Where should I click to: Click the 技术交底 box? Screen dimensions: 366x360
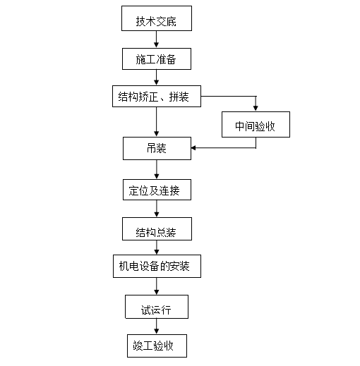click(155, 21)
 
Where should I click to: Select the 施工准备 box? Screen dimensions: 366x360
click(155, 59)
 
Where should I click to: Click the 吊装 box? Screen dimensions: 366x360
click(156, 148)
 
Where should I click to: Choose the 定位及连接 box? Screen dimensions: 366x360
click(156, 190)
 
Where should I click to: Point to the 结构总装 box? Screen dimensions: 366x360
click(156, 229)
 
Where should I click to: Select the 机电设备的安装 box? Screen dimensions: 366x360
click(156, 267)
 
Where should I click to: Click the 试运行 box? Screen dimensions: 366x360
click(156, 308)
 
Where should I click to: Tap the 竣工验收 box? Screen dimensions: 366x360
click(155, 346)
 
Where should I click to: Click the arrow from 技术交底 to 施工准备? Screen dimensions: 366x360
click(156, 40)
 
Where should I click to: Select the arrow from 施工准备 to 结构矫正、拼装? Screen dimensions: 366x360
click(156, 78)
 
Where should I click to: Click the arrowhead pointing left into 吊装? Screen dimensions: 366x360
click(194, 147)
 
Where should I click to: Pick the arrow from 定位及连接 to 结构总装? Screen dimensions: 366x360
click(156, 209)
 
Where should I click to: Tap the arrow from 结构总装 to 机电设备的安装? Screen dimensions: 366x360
click(156, 248)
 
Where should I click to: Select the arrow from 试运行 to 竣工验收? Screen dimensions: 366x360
click(156, 327)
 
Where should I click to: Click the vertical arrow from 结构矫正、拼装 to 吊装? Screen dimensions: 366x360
click(156, 121)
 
